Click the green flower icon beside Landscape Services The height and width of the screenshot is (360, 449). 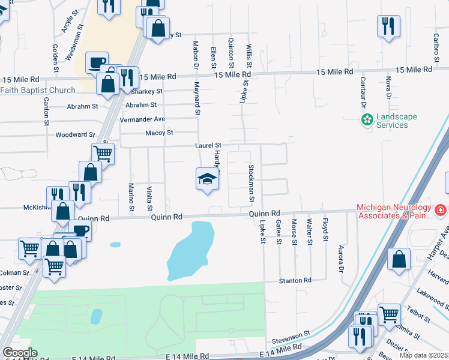coord(367,121)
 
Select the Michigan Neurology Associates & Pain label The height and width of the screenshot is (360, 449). coord(394,211)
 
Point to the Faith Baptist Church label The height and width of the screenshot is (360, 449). coord(38,91)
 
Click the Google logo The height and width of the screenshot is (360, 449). coord(19,353)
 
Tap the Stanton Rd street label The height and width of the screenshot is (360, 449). coord(295,280)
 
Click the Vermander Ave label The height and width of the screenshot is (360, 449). coord(142,119)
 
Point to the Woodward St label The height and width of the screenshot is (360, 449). coord(75,135)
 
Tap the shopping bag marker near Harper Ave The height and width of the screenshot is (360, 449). coord(399,259)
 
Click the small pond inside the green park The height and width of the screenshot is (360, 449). coord(95,316)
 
